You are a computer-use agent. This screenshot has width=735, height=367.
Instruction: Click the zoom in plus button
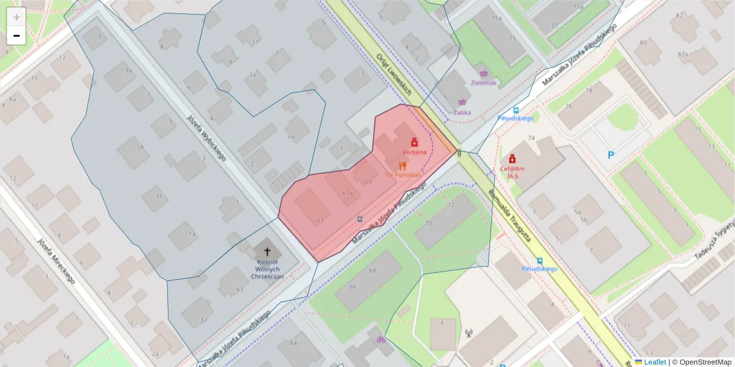(x=17, y=17)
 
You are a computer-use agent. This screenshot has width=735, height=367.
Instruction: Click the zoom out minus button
(x=17, y=35)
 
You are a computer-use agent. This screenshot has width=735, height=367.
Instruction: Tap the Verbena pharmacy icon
(x=414, y=141)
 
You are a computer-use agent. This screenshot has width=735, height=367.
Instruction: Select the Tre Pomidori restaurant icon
(x=402, y=165)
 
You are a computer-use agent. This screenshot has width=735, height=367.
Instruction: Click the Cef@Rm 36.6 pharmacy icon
(x=511, y=158)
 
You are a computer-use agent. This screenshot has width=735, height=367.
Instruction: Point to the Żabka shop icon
(x=462, y=103)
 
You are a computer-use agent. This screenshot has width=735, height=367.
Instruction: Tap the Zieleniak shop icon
(x=483, y=73)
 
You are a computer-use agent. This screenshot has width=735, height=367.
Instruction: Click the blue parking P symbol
(x=611, y=155)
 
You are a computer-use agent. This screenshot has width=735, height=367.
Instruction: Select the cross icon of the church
(x=266, y=251)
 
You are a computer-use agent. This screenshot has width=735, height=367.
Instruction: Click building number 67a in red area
(x=348, y=193)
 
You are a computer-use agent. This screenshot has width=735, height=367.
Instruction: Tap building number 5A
(x=140, y=147)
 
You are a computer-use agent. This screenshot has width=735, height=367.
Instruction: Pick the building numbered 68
(x=372, y=270)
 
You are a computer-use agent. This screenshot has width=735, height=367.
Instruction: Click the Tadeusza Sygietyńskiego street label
(x=715, y=244)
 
